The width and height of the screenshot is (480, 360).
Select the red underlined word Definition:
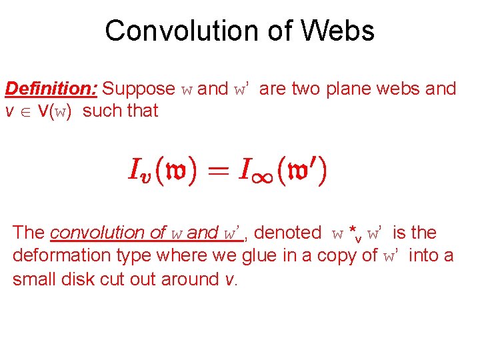coord(52,89)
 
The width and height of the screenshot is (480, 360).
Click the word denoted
coord(287,233)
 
